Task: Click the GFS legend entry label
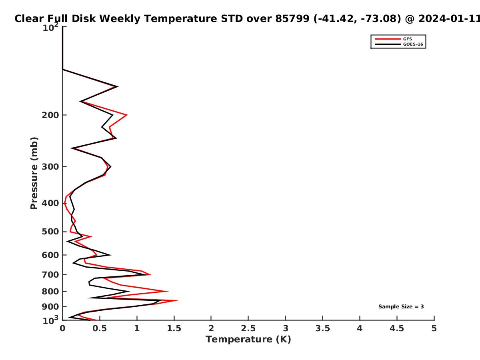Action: [407, 39]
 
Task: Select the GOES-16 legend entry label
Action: [413, 44]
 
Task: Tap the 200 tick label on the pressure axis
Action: [50, 115]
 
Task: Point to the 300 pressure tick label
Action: [50, 167]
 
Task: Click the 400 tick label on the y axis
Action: [50, 203]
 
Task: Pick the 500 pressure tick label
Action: [50, 232]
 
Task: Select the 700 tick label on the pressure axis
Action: [50, 275]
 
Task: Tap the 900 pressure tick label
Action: [50, 307]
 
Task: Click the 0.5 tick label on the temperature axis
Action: [100, 328]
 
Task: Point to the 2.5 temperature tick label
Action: [248, 328]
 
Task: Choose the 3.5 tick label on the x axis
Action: [322, 328]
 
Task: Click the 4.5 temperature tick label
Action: [397, 328]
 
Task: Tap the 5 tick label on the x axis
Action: [434, 328]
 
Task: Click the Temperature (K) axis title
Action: [248, 340]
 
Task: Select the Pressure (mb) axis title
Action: [34, 173]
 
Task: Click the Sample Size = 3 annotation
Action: [401, 307]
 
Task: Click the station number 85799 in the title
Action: [292, 19]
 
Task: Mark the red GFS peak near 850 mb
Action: [178, 300]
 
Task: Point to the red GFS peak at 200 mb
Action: [127, 115]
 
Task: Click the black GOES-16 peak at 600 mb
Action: [110, 255]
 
